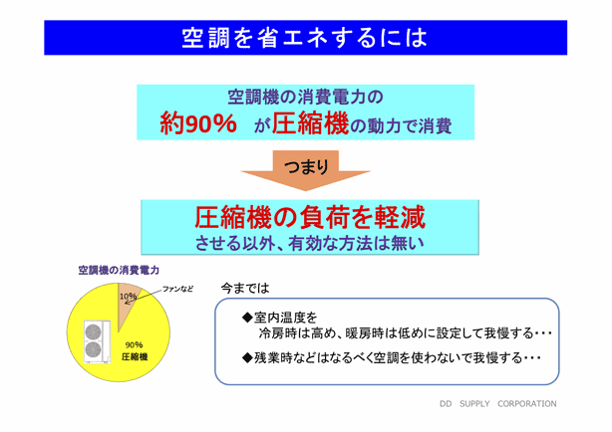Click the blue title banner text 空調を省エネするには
pos(305,38)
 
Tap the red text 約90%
pos(198,123)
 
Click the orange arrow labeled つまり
pos(306,170)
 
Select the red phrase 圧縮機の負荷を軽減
pos(310,217)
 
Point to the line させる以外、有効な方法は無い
pos(310,243)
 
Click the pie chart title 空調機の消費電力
pos(119,270)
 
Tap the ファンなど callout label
pos(178,289)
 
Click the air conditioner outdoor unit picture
pos(97,342)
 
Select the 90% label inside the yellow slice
pos(134,345)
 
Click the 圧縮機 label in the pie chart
pos(135,356)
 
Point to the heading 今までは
pos(245,289)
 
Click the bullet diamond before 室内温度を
pos(247,318)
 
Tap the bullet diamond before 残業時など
pos(247,357)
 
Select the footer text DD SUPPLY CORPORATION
pos(498,404)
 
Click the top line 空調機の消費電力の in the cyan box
pos(306,98)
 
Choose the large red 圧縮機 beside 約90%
pos(310,123)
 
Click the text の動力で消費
pos(401,126)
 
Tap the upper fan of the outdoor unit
pos(94,332)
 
